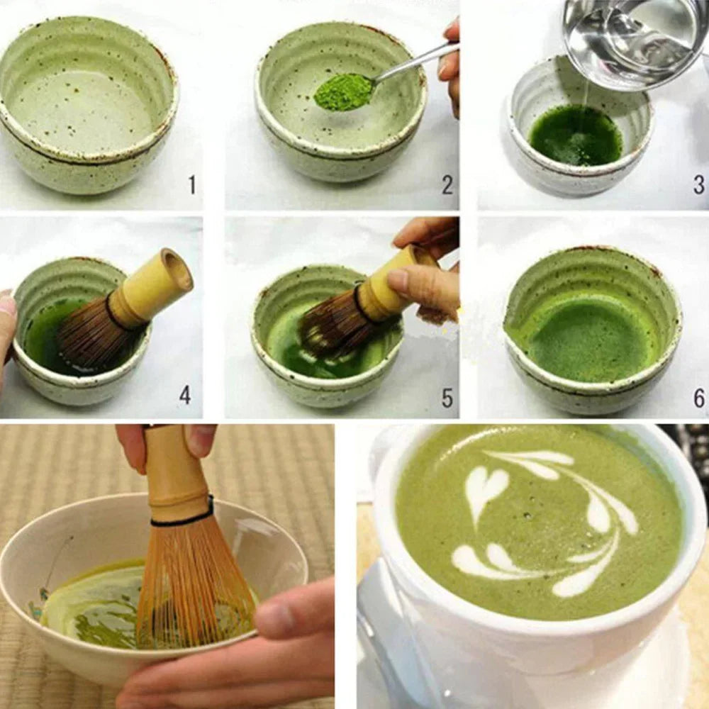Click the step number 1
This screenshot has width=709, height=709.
click(191, 185)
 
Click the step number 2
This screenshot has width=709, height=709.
click(447, 185)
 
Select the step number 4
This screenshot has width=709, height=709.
click(185, 395)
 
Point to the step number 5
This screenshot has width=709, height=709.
click(447, 398)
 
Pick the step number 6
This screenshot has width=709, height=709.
click(699, 398)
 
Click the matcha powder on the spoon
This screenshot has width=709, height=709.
click(343, 92)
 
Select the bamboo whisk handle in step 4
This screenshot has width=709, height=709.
click(149, 287)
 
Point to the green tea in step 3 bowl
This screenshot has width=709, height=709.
click(574, 135)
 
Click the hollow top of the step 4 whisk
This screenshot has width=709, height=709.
click(177, 268)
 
